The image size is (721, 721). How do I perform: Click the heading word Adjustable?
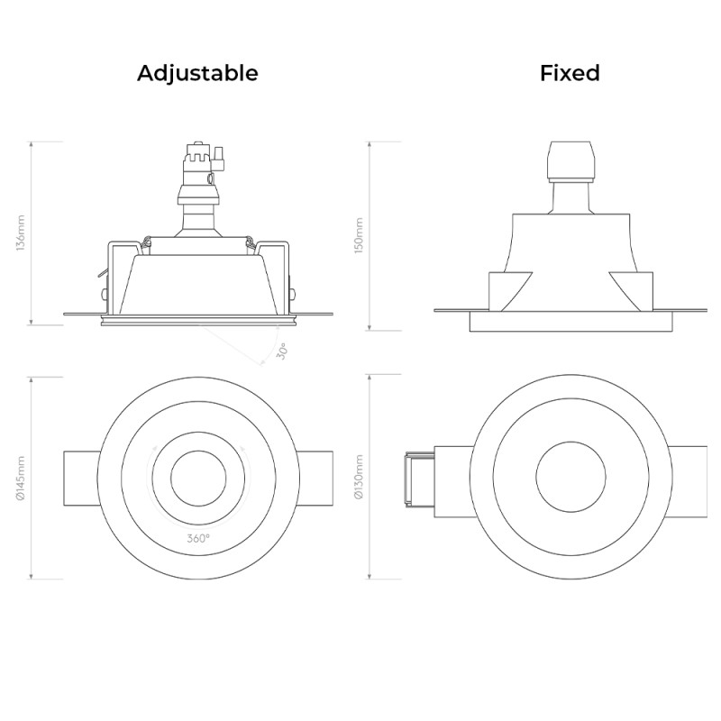(197, 73)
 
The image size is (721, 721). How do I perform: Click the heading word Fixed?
(570, 73)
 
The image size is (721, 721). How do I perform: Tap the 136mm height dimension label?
(22, 233)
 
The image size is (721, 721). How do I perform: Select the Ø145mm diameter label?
(22, 478)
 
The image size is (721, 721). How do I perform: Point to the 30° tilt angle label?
(282, 351)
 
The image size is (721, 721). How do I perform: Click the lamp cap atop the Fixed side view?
(570, 162)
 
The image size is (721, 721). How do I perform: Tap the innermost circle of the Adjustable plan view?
(198, 478)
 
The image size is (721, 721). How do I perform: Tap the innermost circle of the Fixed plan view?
(570, 478)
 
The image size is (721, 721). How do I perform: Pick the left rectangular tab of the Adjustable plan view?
(79, 478)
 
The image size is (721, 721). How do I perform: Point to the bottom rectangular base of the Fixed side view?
(570, 322)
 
